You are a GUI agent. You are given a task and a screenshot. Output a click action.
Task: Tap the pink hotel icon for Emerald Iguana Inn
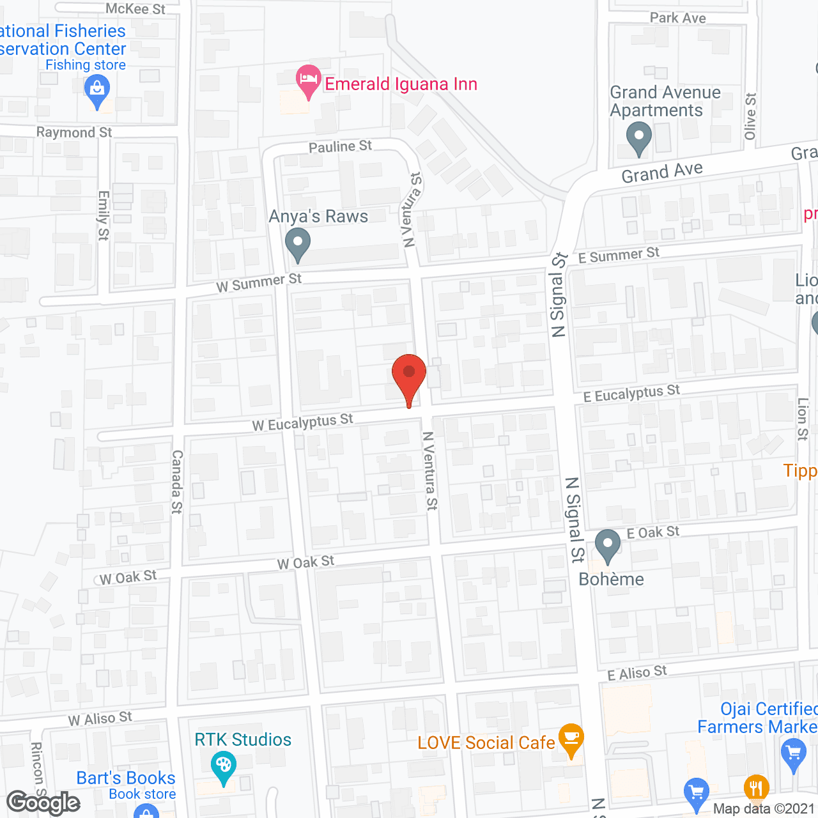click(x=309, y=81)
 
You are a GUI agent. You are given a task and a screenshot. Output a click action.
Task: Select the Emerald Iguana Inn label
click(x=401, y=84)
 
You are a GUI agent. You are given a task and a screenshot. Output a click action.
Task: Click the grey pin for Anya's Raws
click(x=297, y=245)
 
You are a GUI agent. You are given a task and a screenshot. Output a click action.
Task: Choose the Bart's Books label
click(x=126, y=778)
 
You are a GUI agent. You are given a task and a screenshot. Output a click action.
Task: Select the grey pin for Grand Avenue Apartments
click(x=638, y=137)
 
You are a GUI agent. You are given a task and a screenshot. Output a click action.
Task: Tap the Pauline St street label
click(x=340, y=147)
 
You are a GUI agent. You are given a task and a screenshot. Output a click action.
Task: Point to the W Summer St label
click(x=259, y=282)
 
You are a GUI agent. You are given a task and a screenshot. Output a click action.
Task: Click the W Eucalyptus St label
click(x=303, y=422)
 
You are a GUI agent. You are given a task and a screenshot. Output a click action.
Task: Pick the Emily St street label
click(x=104, y=215)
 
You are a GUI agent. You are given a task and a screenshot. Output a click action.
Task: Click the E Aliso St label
click(x=637, y=673)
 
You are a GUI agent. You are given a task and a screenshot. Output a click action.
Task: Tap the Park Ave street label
click(x=677, y=18)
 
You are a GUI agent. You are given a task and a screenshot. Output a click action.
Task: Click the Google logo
click(x=43, y=803)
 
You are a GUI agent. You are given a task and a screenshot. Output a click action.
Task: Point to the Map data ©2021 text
click(x=764, y=808)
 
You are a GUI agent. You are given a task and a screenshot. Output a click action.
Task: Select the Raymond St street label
click(x=74, y=132)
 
